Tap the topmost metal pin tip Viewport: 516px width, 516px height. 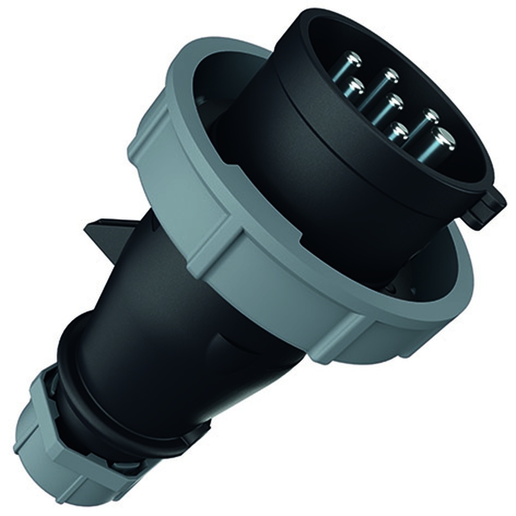(x=353, y=60)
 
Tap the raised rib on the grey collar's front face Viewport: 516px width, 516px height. (x=212, y=243)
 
